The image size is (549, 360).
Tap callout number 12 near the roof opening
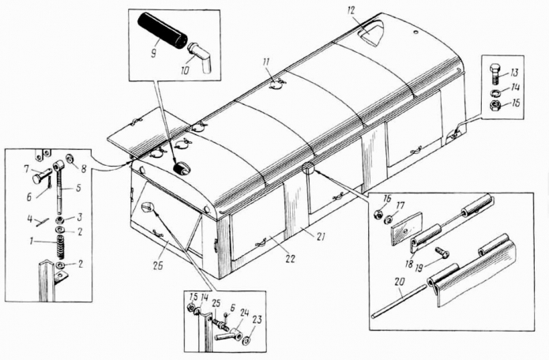coord(352,11)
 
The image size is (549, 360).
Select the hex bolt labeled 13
coord(494,74)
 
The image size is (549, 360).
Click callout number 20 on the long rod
coord(399,291)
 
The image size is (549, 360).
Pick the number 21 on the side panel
coord(320,237)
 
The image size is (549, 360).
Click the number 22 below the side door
coord(290,259)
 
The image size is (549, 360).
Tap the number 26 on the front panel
coord(158,266)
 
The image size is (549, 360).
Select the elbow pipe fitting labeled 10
coord(199,55)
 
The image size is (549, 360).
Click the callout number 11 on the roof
coord(266,63)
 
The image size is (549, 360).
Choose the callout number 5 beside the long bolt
coord(78,188)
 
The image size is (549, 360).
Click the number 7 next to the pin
coord(27,170)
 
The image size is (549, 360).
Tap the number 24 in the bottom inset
coord(244,313)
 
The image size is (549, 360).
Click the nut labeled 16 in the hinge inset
coord(378,215)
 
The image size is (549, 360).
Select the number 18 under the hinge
coord(409,263)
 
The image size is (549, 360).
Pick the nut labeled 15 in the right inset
coord(494,104)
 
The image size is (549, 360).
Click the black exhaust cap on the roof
coord(182,169)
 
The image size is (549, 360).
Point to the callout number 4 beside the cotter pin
coord(30,220)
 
